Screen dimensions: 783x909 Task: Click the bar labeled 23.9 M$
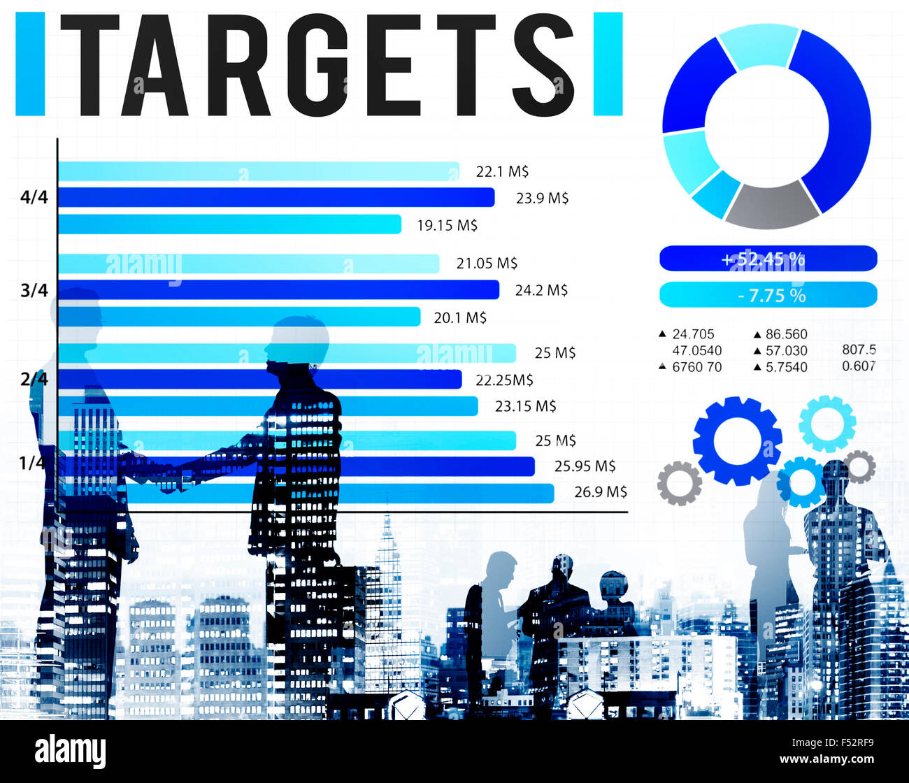pos(276,198)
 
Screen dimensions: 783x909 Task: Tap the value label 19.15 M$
pos(448,225)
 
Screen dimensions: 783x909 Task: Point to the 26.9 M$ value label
pos(601,491)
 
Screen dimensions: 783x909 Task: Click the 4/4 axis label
pos(34,198)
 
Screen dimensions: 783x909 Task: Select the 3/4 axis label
pos(34,289)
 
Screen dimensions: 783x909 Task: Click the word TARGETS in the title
pos(318,64)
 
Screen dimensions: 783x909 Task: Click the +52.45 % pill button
pos(768,259)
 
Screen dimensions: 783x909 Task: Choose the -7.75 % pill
pos(768,295)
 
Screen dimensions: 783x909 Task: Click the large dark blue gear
pos(737,440)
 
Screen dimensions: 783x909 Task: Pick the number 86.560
pos(786,334)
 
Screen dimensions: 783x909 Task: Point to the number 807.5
pos(859,349)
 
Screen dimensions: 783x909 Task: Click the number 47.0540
pos(697,350)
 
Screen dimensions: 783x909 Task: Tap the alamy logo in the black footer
pos(71,752)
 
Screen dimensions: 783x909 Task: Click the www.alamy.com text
pos(826,759)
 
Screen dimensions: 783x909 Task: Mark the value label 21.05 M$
pos(487,263)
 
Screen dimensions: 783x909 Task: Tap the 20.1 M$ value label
pos(460,317)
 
